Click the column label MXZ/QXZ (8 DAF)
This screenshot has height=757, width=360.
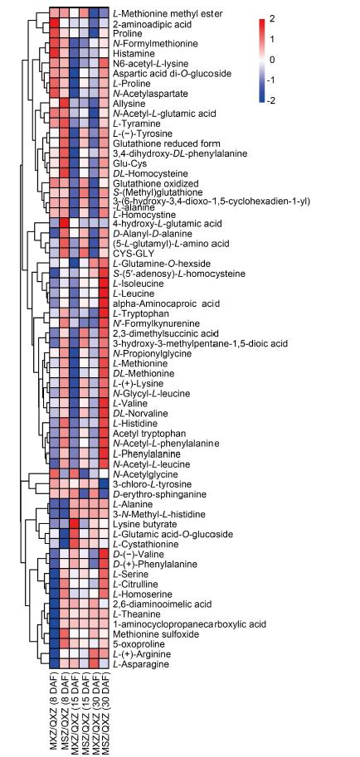point(55,714)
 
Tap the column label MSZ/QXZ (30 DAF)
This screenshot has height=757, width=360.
point(105,714)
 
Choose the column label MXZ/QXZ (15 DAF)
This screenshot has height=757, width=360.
point(75,714)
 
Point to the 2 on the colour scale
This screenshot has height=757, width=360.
point(273,20)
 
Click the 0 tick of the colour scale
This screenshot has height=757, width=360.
point(273,60)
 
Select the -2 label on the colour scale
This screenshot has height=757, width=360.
point(271,100)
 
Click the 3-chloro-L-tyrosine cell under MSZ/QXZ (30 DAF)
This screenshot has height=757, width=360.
point(105,484)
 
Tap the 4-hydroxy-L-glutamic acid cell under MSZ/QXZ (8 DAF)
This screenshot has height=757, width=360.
point(65,224)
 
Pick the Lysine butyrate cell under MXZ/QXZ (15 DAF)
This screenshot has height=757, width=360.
point(75,524)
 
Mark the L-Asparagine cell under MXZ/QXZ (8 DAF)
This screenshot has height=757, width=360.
point(55,665)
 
